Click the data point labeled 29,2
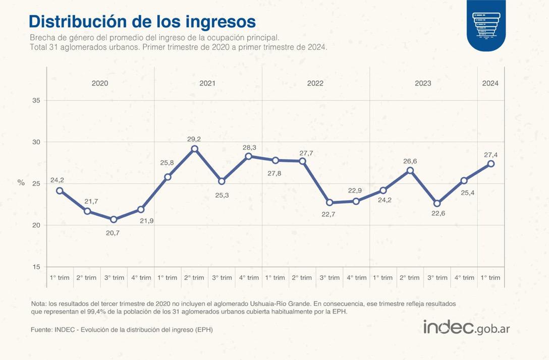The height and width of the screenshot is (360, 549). (195, 149)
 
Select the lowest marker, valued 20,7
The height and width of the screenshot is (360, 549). (114, 219)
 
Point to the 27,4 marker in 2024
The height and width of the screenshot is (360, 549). (491, 164)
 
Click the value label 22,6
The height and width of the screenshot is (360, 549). (437, 214)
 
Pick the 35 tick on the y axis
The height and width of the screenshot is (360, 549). (36, 100)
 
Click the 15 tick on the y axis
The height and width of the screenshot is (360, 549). (36, 267)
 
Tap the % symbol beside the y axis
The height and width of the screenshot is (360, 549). (21, 183)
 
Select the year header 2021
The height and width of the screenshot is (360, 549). (207, 83)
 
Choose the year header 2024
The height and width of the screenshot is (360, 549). (490, 83)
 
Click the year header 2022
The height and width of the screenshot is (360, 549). (315, 83)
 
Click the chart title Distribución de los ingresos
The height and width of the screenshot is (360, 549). (142, 22)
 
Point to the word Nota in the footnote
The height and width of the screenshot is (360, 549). (38, 304)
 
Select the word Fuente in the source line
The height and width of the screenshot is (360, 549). (41, 330)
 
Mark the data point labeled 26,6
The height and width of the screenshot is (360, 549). (410, 170)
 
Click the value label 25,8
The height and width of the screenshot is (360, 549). (168, 163)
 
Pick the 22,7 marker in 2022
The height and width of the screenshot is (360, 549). (330, 203)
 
